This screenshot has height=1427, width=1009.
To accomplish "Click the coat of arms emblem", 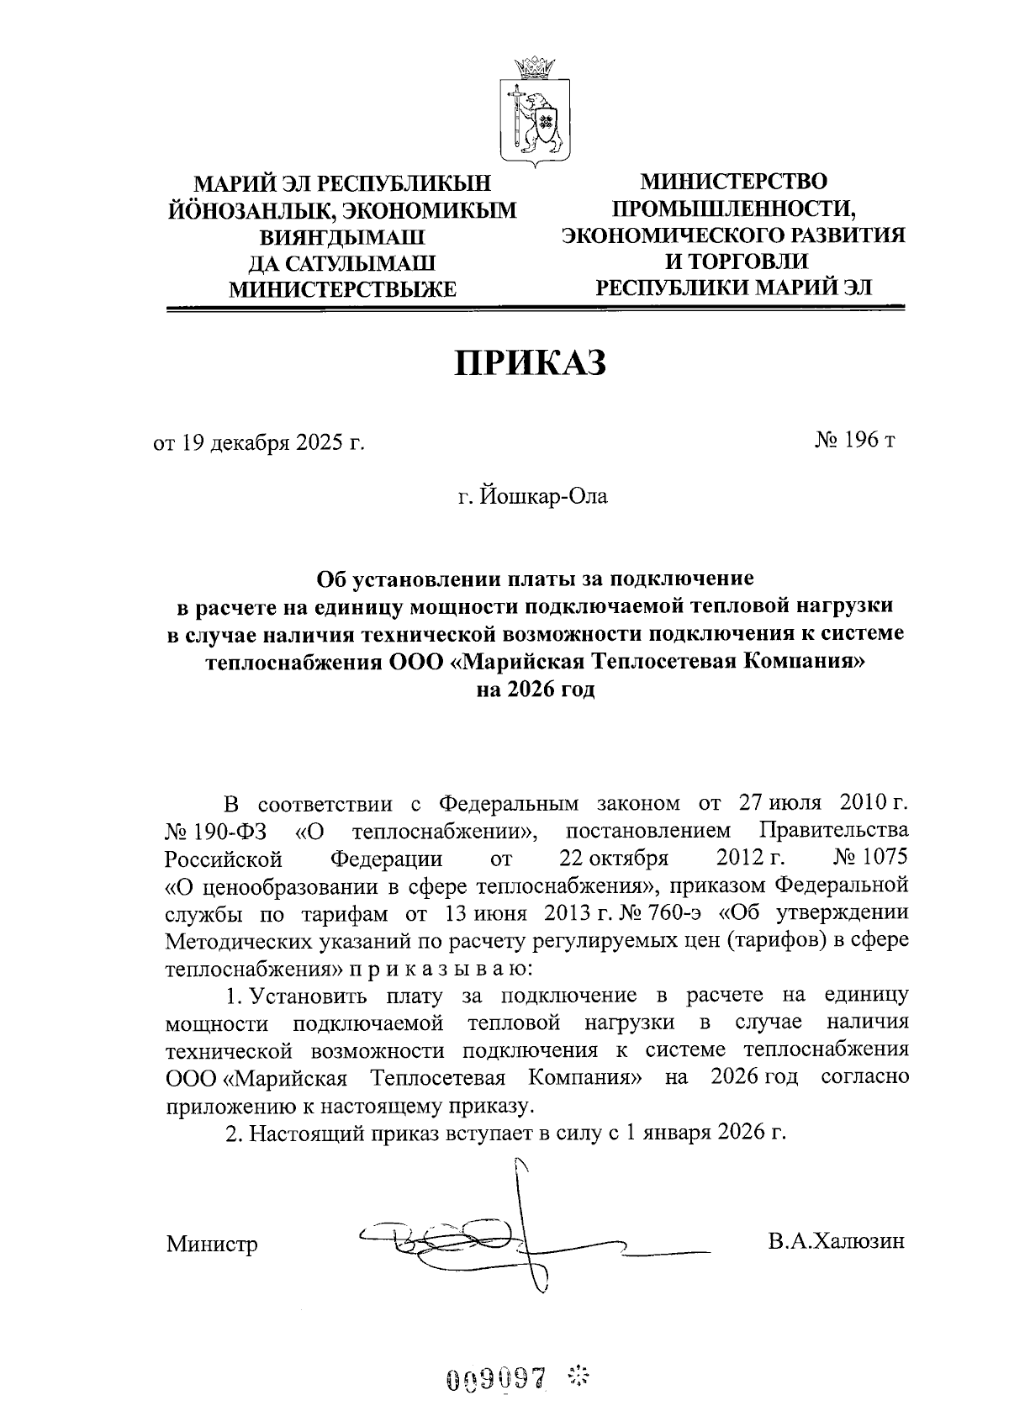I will coord(535,108).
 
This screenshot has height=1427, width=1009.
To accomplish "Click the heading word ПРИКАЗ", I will coord(531,364).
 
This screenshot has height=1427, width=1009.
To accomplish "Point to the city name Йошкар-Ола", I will coord(542,496).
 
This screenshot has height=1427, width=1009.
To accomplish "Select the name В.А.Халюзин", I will coord(836,1241).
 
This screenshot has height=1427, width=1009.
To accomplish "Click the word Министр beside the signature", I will coord(212,1244).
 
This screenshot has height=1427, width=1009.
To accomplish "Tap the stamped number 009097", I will coord(496,1379).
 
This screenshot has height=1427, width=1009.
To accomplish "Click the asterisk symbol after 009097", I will coord(579,1377).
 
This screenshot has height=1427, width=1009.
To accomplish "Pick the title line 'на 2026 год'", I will coord(535,690).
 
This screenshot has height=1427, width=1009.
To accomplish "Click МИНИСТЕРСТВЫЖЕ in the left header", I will coord(343,290).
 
